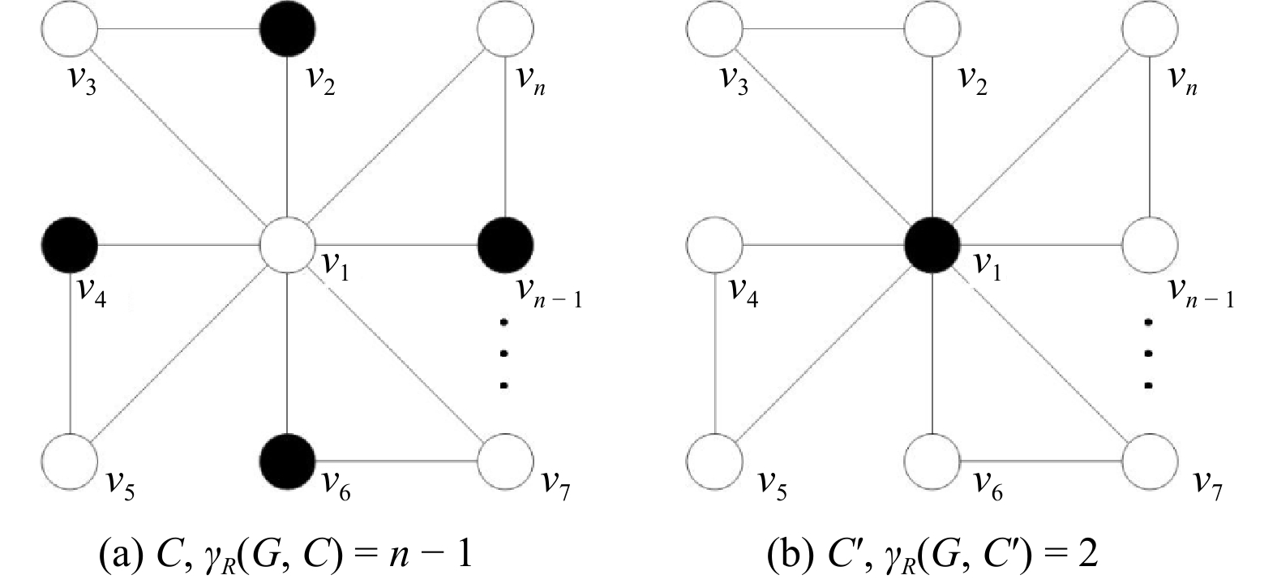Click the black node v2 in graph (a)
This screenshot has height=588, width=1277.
[x=287, y=29]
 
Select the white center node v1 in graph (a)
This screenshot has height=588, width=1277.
[x=287, y=243]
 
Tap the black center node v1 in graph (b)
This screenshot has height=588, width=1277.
[x=932, y=243]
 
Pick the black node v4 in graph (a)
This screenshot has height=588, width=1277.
[x=70, y=243]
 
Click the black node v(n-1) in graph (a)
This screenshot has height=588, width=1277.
[x=505, y=243]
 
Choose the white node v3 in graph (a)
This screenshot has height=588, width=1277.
[x=70, y=29]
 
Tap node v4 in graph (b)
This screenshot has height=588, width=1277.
[x=714, y=243]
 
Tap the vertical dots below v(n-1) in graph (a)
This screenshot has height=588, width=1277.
[x=504, y=354]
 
